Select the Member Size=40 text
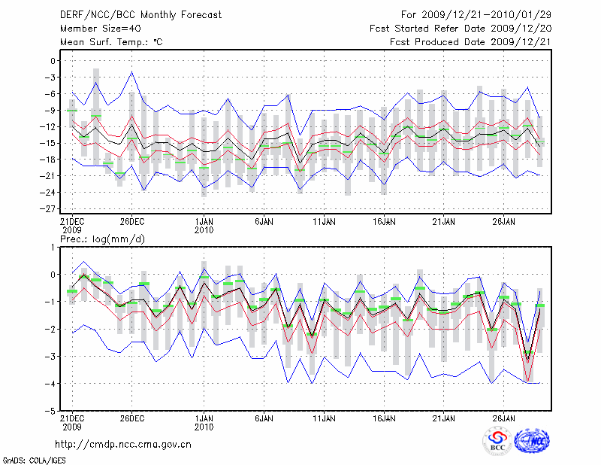(x=95, y=29)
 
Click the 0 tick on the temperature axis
(x=53, y=61)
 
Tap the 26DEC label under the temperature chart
(x=131, y=222)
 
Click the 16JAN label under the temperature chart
(x=384, y=222)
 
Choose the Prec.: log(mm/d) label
(x=102, y=239)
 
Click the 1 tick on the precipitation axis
(x=54, y=247)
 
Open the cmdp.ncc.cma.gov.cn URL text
(x=123, y=444)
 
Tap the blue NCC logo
(x=532, y=441)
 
